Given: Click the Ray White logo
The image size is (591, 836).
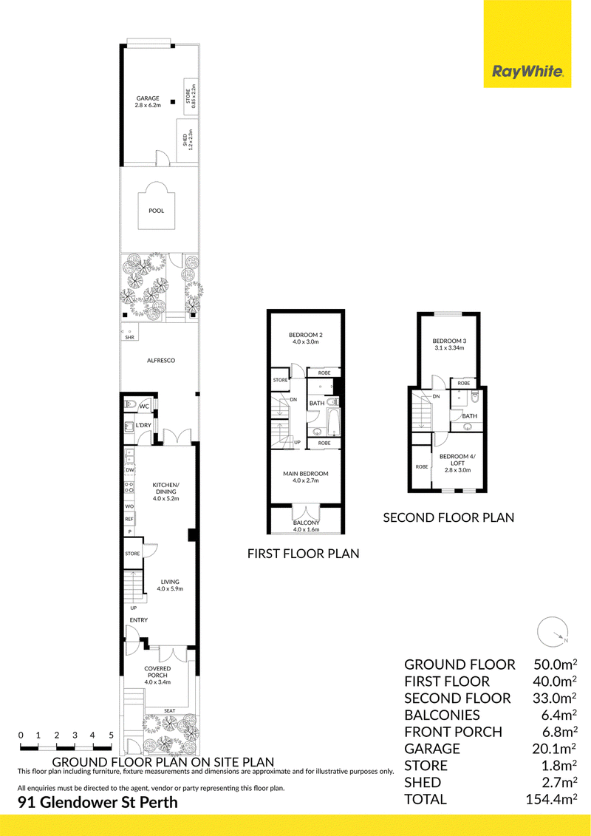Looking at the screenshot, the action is [x=527, y=44].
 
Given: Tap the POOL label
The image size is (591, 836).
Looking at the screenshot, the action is [x=156, y=211].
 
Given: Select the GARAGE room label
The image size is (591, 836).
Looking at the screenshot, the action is [x=148, y=98].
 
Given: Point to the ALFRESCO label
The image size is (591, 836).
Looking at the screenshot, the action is [x=161, y=361].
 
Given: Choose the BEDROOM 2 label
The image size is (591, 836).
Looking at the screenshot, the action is [x=306, y=335].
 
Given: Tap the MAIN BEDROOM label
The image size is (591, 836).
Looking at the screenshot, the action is [x=305, y=474].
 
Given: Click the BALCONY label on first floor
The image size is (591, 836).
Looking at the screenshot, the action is [x=306, y=523].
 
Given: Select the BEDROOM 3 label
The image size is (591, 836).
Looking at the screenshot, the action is [x=449, y=341].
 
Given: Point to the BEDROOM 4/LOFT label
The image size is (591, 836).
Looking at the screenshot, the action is [x=457, y=460].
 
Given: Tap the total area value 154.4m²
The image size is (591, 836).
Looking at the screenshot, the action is [x=552, y=799].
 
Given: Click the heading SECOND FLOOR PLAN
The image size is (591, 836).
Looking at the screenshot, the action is [x=448, y=517].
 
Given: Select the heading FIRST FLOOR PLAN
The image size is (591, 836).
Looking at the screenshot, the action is [x=303, y=554].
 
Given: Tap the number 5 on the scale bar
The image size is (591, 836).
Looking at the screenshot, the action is [x=111, y=735].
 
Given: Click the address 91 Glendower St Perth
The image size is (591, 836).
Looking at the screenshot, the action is [x=98, y=802].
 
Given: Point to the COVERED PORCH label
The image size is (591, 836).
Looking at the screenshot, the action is [x=158, y=672].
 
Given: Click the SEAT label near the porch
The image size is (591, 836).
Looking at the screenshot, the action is [x=169, y=710].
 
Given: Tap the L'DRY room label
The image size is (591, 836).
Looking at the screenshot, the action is [x=143, y=425].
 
